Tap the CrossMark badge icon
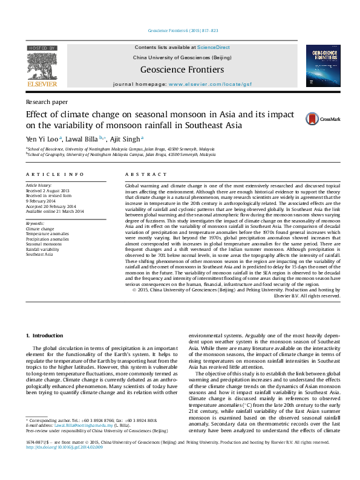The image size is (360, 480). (331, 119)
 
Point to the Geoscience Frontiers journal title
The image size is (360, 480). (182, 70)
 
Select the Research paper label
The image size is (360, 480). (47, 102)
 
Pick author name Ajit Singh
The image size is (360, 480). (127, 139)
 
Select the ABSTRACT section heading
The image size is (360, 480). (137, 174)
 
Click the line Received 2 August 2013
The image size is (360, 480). (48, 190)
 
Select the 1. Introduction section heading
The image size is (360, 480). (46, 334)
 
